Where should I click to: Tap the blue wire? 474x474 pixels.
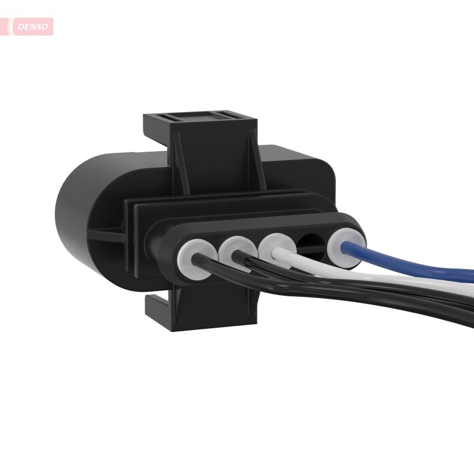[x=415, y=266]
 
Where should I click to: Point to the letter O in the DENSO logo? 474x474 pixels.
[x=47, y=27]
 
